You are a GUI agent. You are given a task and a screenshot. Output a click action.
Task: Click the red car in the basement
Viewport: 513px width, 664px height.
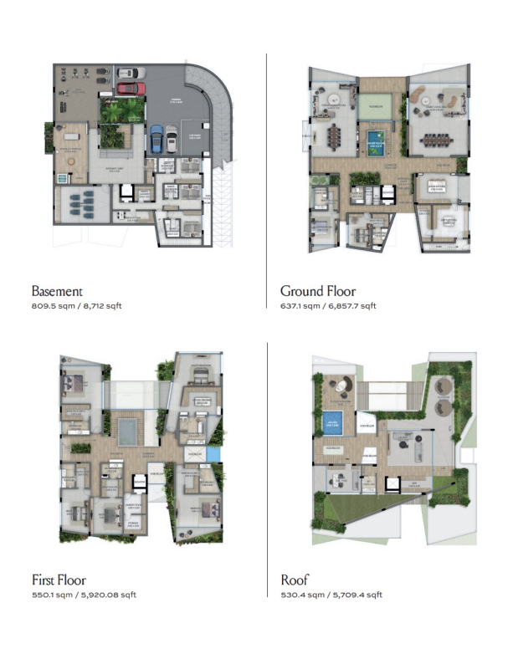[x=130, y=87]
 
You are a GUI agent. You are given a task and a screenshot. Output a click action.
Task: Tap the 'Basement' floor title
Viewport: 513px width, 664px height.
[x=57, y=292]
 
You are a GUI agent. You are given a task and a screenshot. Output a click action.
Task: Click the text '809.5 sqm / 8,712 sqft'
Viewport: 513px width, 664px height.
[x=76, y=306]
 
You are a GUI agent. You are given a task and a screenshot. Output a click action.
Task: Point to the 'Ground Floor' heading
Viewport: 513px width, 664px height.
[x=318, y=292]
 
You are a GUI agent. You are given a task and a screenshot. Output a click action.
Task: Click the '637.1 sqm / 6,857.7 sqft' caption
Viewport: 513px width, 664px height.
[x=328, y=306]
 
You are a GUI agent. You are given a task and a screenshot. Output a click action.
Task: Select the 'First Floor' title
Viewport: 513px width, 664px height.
[x=59, y=580]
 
